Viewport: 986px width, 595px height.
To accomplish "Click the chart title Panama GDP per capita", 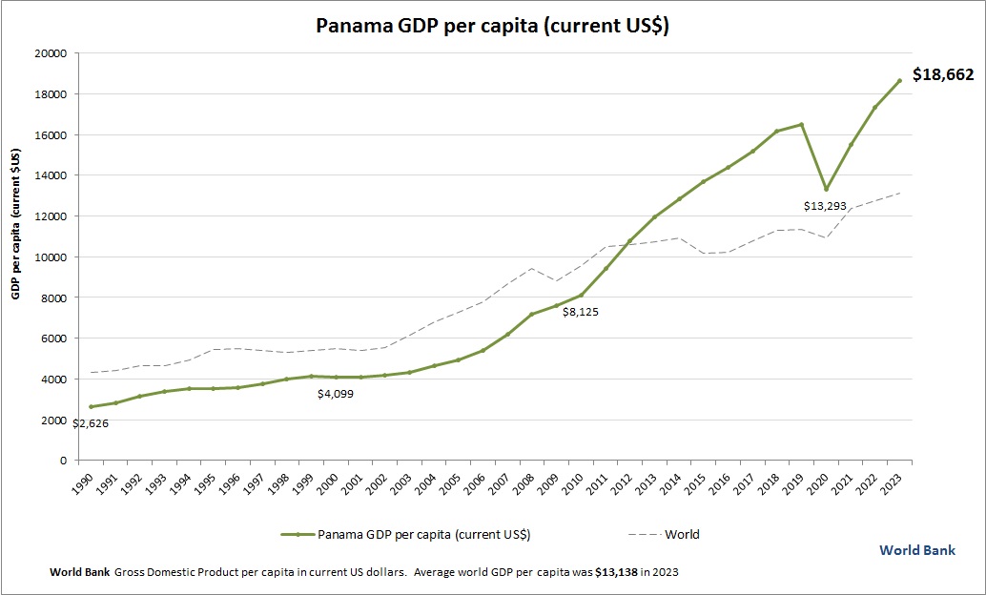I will tap(492, 26).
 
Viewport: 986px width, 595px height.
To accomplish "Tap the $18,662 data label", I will tap(942, 74).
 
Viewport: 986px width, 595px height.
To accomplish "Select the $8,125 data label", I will tap(580, 312).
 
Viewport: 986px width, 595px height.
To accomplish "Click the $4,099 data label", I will tap(336, 393).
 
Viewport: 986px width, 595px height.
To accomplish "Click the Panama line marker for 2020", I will tap(826, 189).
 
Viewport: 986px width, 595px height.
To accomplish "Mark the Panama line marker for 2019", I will tap(801, 124).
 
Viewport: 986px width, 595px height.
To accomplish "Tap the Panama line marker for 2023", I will tap(899, 80).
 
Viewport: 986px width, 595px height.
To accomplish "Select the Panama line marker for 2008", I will tap(532, 314).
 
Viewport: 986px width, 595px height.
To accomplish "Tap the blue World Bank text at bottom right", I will tap(916, 551).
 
